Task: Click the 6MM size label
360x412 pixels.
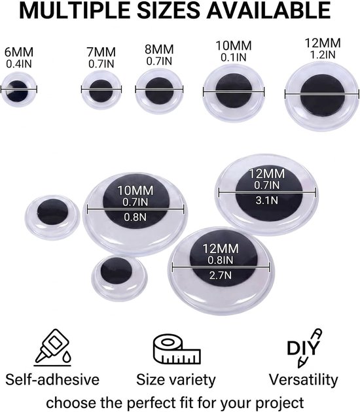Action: pyautogui.click(x=19, y=52)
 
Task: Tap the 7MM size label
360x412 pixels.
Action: pyautogui.click(x=101, y=52)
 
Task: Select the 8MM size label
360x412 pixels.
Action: pyautogui.click(x=159, y=50)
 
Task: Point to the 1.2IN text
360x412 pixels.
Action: pyautogui.click(x=323, y=55)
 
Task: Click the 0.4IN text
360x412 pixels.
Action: pyautogui.click(x=19, y=64)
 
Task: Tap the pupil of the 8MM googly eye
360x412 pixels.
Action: pyautogui.click(x=159, y=91)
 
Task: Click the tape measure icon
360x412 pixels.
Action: pyautogui.click(x=177, y=349)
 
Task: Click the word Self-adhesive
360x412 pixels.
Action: pyautogui.click(x=52, y=380)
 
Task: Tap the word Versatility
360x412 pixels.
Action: pyautogui.click(x=303, y=380)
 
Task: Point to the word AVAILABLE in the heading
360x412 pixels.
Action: pyautogui.click(x=268, y=10)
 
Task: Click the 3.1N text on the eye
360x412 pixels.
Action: pyautogui.click(x=266, y=201)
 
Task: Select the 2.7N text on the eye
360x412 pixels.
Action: pyautogui.click(x=221, y=275)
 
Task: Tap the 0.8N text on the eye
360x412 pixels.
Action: pyautogui.click(x=135, y=217)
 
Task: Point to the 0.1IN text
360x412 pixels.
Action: pyautogui.click(x=234, y=58)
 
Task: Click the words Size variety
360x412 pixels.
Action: pyautogui.click(x=176, y=380)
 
